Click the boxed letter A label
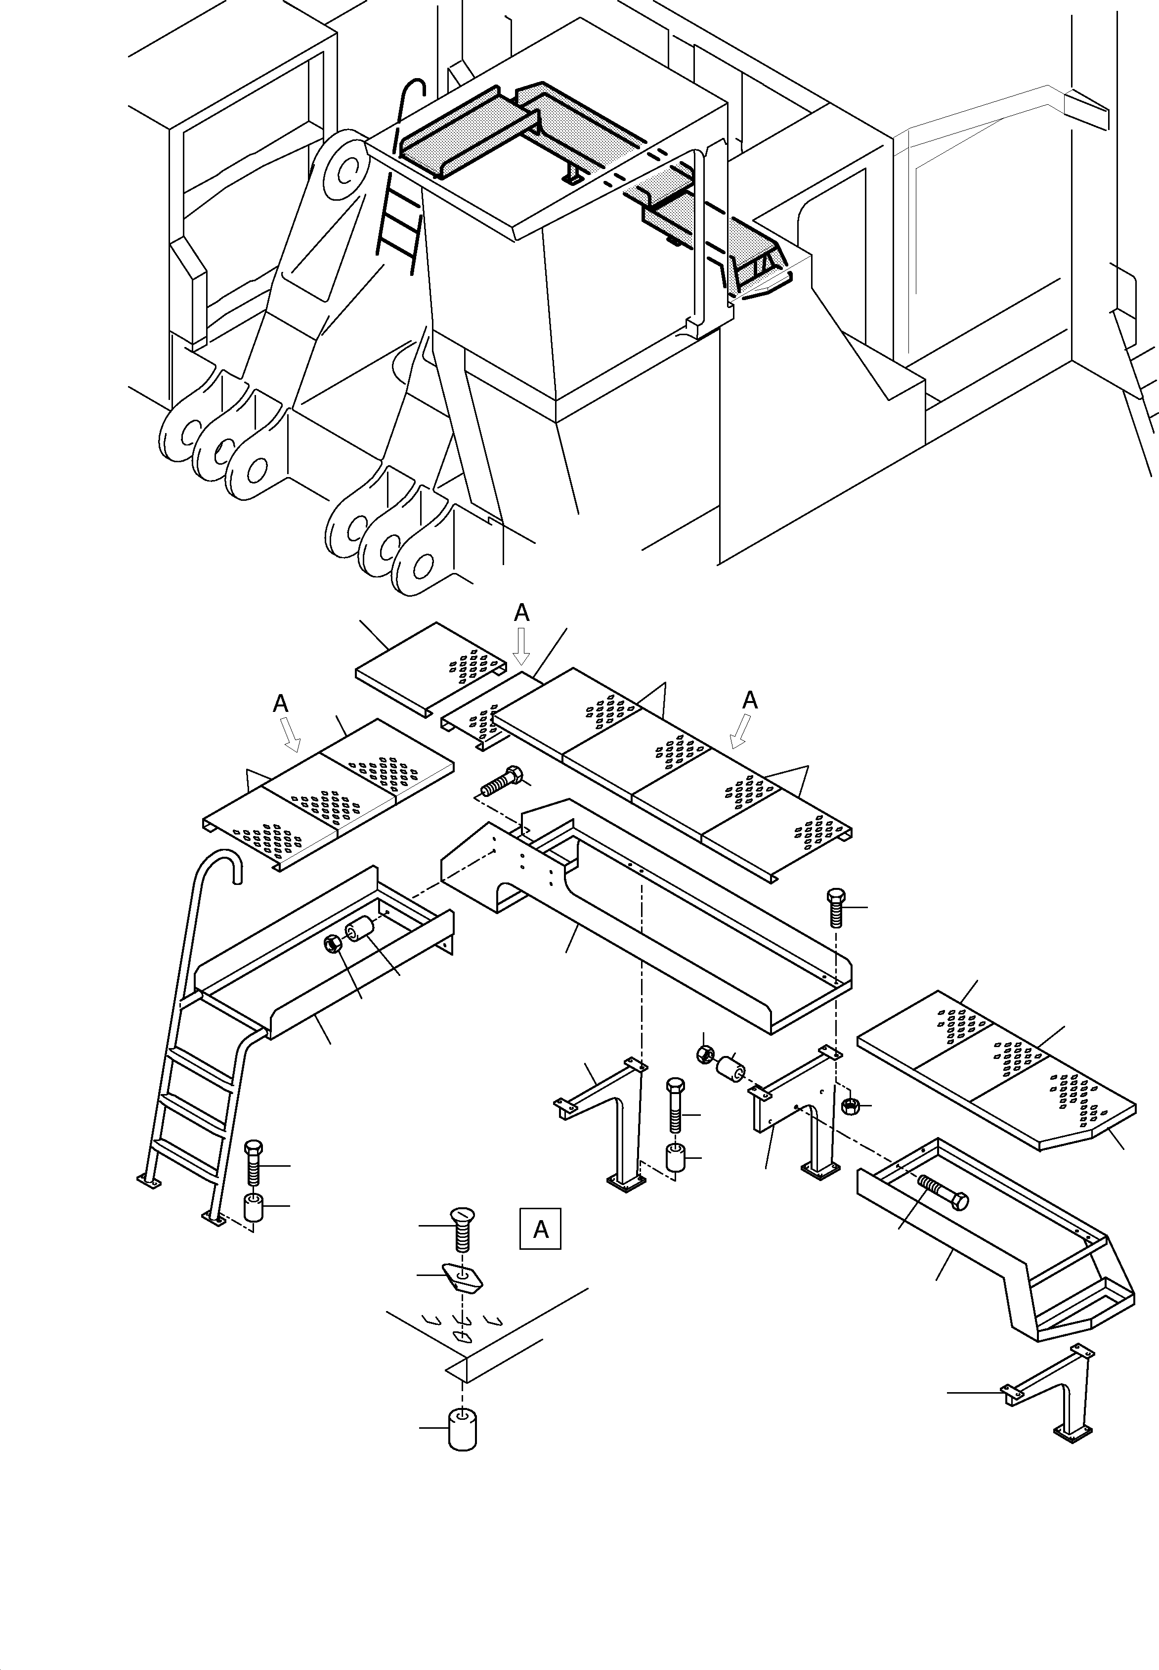pyautogui.click(x=540, y=1229)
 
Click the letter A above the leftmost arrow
pyautogui.click(x=280, y=703)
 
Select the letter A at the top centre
pyautogui.click(x=521, y=613)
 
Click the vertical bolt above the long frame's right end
pyautogui.click(x=836, y=907)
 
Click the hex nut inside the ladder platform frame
pyautogui.click(x=333, y=943)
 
